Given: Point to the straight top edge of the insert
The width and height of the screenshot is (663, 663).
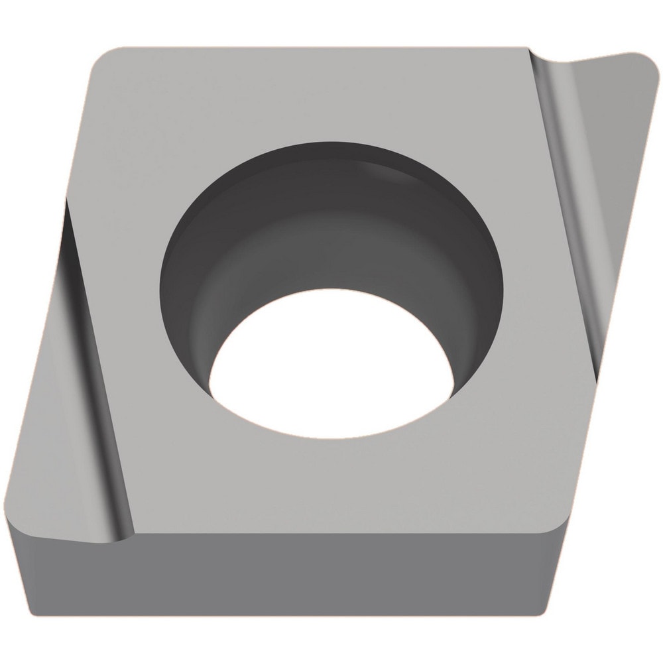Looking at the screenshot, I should [318, 47].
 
